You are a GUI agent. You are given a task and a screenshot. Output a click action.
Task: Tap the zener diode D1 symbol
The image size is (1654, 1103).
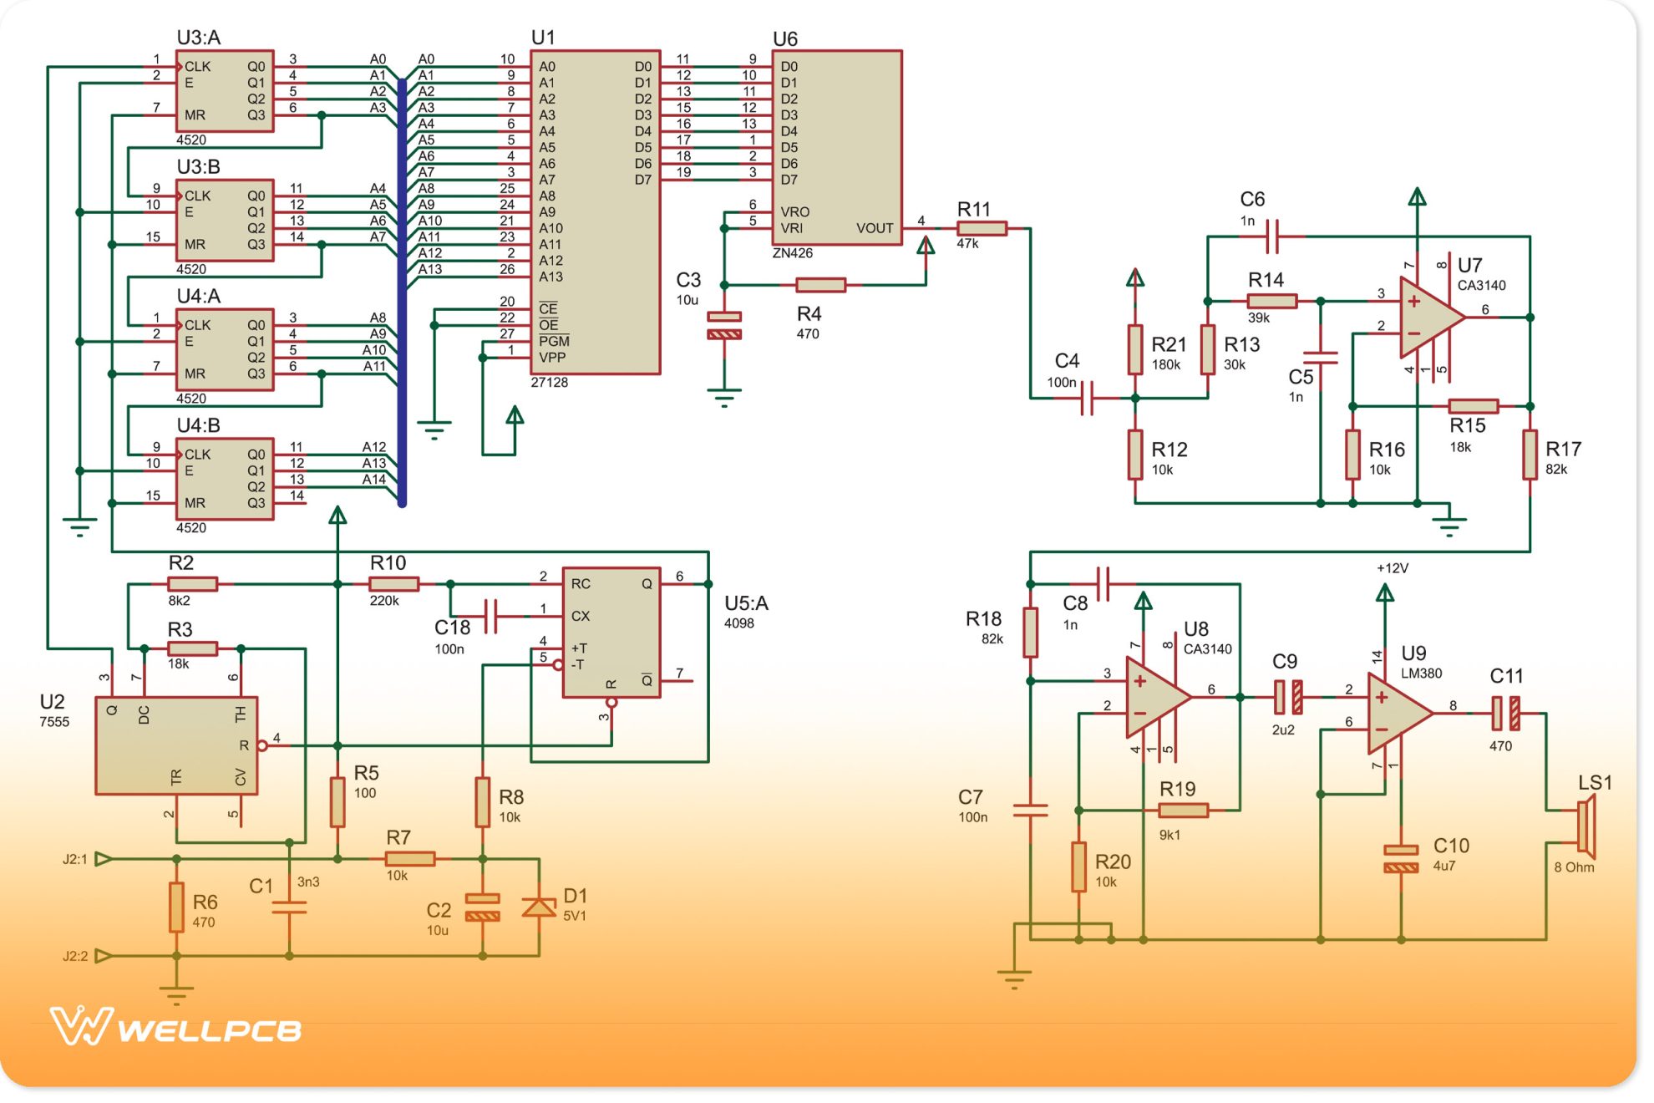539,907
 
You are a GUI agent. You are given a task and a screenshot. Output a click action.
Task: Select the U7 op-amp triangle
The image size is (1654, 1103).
1428,318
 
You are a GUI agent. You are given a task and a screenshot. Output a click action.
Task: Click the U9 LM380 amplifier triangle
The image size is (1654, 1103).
1397,713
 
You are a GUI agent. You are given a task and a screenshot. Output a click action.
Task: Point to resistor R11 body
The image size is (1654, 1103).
982,228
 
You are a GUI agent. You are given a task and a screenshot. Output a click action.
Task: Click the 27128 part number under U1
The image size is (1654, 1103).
549,383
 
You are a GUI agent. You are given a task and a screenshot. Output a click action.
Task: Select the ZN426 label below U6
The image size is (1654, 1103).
792,253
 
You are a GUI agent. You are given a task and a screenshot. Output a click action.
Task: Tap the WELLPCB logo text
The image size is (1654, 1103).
209,1029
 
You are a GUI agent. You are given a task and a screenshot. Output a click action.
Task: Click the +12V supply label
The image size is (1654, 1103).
1393,568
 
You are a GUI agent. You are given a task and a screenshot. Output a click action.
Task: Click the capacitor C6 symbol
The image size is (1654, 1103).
1271,236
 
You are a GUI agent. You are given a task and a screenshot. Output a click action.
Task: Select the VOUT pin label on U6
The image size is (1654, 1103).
874,228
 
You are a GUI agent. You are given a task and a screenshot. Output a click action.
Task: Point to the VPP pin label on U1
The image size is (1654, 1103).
552,358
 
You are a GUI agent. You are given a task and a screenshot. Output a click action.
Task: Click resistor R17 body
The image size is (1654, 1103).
1530,455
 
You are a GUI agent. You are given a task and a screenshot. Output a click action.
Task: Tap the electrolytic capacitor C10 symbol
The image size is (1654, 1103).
1401,859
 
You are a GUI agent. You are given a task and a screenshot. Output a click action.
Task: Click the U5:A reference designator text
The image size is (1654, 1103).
746,603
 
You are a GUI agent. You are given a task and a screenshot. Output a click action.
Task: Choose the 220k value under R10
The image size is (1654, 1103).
384,601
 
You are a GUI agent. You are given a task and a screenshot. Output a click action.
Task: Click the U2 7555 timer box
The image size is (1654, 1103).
176,745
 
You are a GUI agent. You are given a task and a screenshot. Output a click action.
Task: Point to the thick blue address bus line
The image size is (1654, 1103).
402,292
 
